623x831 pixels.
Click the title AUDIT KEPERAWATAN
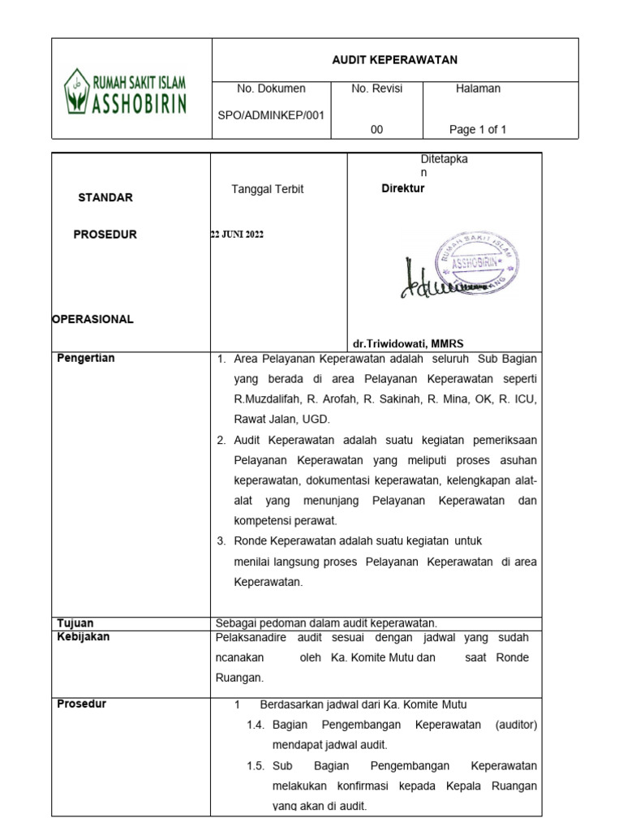click(394, 60)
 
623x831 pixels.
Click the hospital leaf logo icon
click(78, 91)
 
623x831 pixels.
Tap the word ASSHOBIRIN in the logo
click(137, 103)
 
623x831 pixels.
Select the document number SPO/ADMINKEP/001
click(271, 114)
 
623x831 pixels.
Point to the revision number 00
click(376, 129)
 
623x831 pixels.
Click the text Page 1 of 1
click(478, 129)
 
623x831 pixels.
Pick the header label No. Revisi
click(376, 88)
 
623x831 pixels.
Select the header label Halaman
click(478, 88)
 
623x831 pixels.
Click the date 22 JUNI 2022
click(237, 235)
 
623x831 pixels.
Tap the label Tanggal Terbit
click(267, 189)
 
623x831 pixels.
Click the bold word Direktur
click(403, 188)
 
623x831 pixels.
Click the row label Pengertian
click(85, 359)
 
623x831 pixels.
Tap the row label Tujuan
click(75, 623)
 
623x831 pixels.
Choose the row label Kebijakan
click(83, 637)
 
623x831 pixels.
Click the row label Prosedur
click(81, 704)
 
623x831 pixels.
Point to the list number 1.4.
click(256, 724)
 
